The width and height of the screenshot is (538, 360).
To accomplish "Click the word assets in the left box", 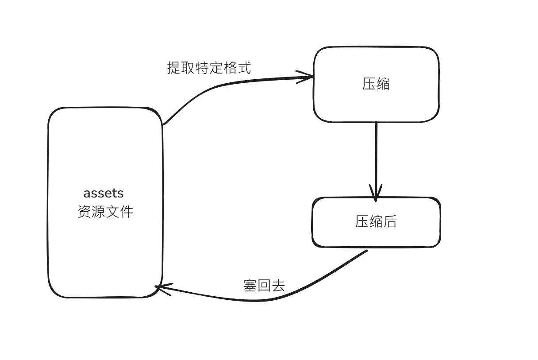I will tap(104, 194).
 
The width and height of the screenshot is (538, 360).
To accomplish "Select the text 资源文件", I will tap(105, 212).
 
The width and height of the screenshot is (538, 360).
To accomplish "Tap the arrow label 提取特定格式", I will tap(209, 68).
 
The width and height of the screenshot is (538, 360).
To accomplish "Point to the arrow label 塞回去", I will tap(264, 286).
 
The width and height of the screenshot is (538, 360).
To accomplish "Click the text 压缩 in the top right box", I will tap(376, 84).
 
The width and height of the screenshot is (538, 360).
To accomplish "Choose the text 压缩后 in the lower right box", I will tap(376, 221).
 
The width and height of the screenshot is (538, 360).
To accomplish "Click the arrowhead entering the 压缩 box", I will tap(306, 77).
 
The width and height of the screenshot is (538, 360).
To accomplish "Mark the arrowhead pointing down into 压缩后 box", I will tap(376, 194).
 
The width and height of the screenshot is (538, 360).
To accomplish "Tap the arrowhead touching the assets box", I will tap(162, 289).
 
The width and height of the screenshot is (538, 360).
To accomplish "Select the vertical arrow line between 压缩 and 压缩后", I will tap(376, 155).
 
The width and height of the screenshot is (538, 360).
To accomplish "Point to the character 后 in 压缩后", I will tap(390, 221).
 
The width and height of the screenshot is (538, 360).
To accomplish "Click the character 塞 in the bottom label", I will tap(250, 286).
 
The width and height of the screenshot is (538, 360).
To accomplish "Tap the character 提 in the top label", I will tap(174, 68).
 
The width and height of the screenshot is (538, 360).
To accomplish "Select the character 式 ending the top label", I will tap(244, 68).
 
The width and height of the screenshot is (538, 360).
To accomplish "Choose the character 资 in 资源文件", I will tap(84, 212).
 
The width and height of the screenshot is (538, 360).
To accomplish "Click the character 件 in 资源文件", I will tap(127, 212).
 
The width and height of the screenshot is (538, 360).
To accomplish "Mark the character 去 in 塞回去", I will tap(278, 286).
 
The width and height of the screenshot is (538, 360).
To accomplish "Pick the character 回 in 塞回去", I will tap(264, 286).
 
